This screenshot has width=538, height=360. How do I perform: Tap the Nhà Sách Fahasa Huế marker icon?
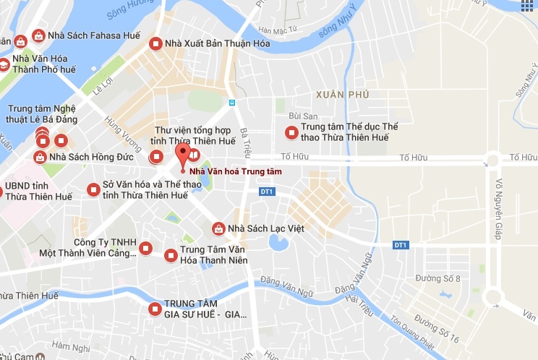coord(38,35)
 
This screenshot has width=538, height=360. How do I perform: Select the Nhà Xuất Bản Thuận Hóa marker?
coord(154,43)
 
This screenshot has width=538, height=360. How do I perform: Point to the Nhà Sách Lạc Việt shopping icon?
coord(218,228)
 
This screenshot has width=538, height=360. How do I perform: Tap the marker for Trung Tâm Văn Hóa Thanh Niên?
coord(171,255)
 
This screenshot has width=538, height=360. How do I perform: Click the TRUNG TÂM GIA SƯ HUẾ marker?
coord(154,309)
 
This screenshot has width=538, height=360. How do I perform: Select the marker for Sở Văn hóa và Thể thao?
coord(93,189)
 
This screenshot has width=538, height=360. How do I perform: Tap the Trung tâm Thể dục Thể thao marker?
coord(291,132)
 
